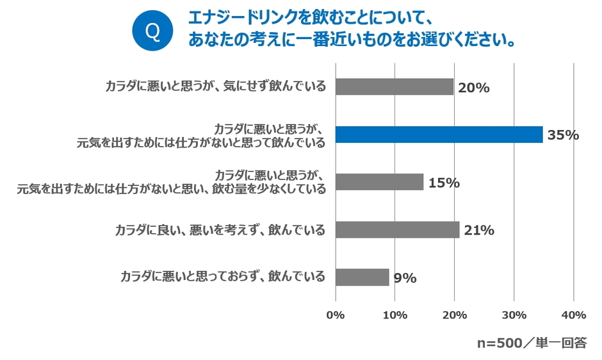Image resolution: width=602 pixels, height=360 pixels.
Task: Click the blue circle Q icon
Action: (x=152, y=31)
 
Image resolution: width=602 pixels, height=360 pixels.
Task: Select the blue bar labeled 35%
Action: (x=439, y=135)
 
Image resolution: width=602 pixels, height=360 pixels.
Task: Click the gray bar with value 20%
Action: (x=395, y=87)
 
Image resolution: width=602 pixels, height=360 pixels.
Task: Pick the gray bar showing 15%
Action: (x=379, y=182)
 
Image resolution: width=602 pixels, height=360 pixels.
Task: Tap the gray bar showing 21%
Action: (x=397, y=230)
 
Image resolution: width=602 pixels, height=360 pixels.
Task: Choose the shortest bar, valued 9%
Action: (x=362, y=277)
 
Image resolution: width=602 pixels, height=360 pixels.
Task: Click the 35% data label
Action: (x=562, y=135)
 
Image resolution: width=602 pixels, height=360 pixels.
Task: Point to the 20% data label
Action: (x=474, y=88)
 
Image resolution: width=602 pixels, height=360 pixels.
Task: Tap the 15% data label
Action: (x=444, y=183)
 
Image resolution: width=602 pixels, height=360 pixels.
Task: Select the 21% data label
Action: (x=478, y=231)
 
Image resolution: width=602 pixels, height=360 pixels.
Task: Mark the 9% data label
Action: (x=405, y=278)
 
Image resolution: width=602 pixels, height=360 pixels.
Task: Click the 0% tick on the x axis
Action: (x=336, y=315)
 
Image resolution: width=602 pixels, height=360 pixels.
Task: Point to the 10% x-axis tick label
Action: (x=395, y=315)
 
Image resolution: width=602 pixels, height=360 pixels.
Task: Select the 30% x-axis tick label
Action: (x=514, y=315)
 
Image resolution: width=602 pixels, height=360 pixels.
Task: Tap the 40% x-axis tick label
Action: (x=573, y=315)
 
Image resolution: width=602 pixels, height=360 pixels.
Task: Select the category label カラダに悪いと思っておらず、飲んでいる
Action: (x=223, y=277)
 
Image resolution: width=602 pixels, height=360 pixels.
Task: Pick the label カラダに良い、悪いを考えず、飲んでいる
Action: (x=220, y=230)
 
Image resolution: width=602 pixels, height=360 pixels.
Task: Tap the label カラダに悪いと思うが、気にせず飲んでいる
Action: (x=215, y=87)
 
